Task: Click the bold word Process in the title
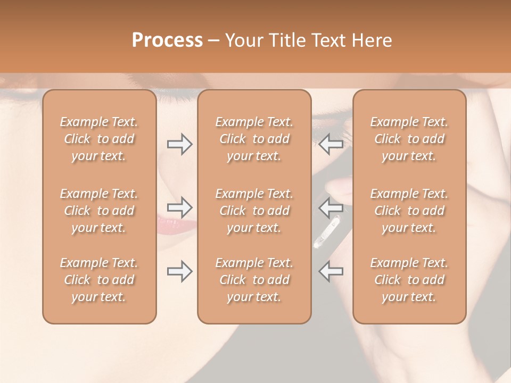[x=167, y=40]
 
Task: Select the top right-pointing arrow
[x=179, y=144]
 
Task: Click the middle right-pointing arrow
[x=179, y=206]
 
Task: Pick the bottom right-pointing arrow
[x=179, y=271]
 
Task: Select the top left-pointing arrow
[x=331, y=144]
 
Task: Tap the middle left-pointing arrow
[x=331, y=206]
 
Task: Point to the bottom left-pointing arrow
[x=331, y=271]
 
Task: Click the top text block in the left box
[x=99, y=139]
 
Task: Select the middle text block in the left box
[x=99, y=211]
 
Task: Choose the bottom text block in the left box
[x=99, y=280]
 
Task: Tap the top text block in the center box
[x=254, y=139]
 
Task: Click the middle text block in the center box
[x=254, y=211]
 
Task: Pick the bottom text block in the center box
[x=254, y=280]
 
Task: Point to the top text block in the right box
[x=409, y=139]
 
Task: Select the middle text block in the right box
[x=409, y=211]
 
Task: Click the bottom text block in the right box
[x=409, y=280]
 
